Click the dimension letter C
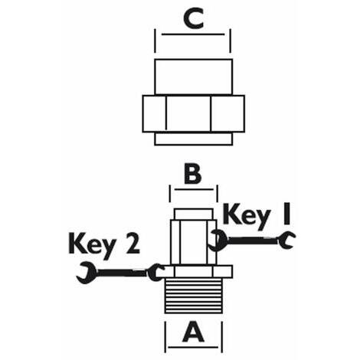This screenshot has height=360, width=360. click(x=193, y=18)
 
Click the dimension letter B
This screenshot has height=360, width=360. click(x=193, y=175)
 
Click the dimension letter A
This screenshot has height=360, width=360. click(x=193, y=332)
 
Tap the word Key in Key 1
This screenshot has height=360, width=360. click(x=247, y=217)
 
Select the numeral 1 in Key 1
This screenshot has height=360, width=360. click(x=287, y=214)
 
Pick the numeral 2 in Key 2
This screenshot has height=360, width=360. click(x=133, y=244)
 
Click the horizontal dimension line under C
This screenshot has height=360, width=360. click(x=193, y=34)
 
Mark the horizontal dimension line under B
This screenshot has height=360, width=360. click(x=194, y=190)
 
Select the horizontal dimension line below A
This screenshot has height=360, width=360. click(x=193, y=347)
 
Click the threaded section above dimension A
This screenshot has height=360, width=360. click(x=194, y=296)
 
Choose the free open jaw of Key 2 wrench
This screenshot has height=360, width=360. click(x=87, y=273)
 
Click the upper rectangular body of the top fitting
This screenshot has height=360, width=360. click(x=193, y=77)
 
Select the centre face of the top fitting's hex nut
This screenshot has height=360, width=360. click(x=188, y=113)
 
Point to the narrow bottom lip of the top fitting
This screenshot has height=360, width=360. click(x=193, y=139)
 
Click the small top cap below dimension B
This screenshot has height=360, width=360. click(x=194, y=214)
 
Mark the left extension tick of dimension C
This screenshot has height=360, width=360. click(x=155, y=41)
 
